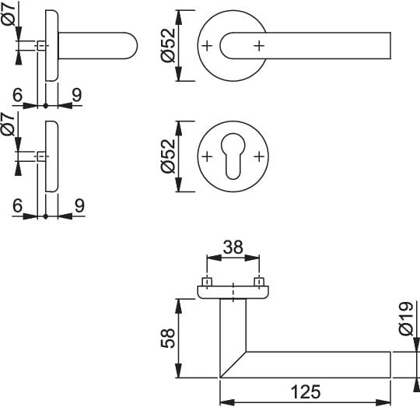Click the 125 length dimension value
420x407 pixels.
point(306,391)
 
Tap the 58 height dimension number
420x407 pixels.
point(168,339)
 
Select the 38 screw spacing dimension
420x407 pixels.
point(233,247)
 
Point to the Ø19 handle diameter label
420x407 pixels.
point(406,319)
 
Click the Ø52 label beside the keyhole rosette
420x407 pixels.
point(168,156)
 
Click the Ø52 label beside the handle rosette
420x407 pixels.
point(168,45)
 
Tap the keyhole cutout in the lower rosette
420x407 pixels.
point(233,156)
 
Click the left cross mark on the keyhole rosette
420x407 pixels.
point(207,156)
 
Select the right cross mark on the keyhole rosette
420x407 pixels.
point(259,156)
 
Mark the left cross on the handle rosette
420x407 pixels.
point(207,46)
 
